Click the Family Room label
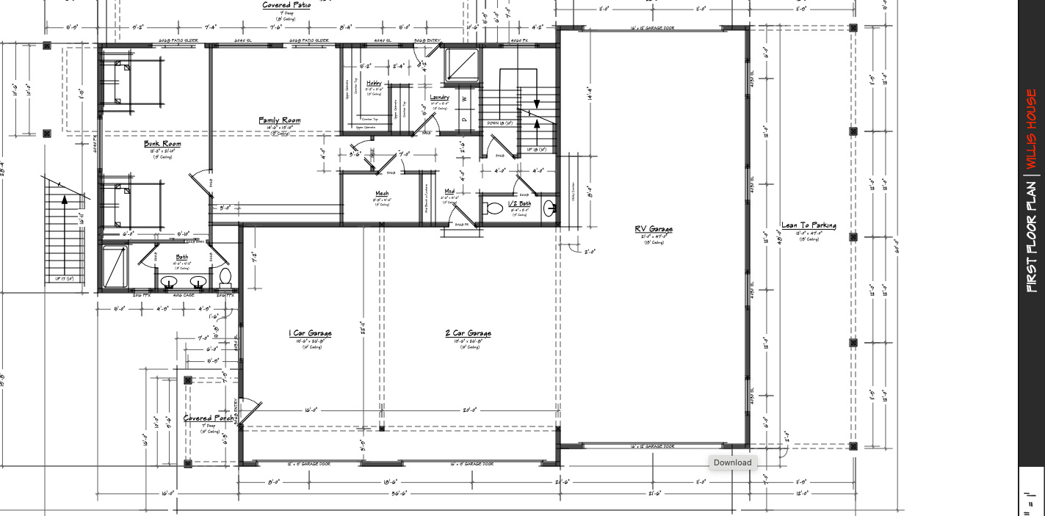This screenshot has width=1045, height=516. (x=279, y=120)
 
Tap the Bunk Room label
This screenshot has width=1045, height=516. (x=162, y=144)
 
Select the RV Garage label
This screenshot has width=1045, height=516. (x=654, y=229)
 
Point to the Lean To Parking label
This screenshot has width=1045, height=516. (x=809, y=225)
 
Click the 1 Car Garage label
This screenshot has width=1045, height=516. (x=310, y=333)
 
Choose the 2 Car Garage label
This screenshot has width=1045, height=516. (x=468, y=333)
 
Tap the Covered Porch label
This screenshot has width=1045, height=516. (x=209, y=418)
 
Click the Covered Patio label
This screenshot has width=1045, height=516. (x=286, y=5)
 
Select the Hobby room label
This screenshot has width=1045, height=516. (x=375, y=84)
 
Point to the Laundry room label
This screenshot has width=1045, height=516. (x=439, y=98)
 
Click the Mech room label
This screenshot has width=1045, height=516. (x=382, y=194)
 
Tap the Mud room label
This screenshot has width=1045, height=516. (x=449, y=192)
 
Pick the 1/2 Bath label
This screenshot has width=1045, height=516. (x=519, y=203)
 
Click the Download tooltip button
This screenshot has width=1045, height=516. (x=732, y=462)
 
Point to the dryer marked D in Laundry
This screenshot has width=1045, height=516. (x=464, y=120)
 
